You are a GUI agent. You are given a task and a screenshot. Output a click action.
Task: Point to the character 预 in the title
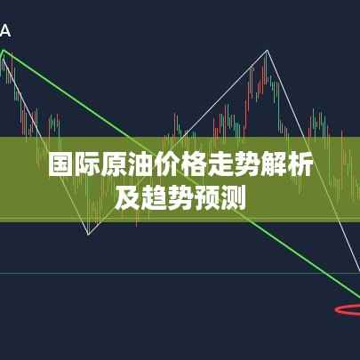[206, 198]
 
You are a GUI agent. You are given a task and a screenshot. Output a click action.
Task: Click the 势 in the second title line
[180, 198]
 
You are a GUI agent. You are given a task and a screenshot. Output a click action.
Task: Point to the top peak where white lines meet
[267, 51]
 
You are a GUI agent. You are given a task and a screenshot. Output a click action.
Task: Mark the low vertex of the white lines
[88, 235]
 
